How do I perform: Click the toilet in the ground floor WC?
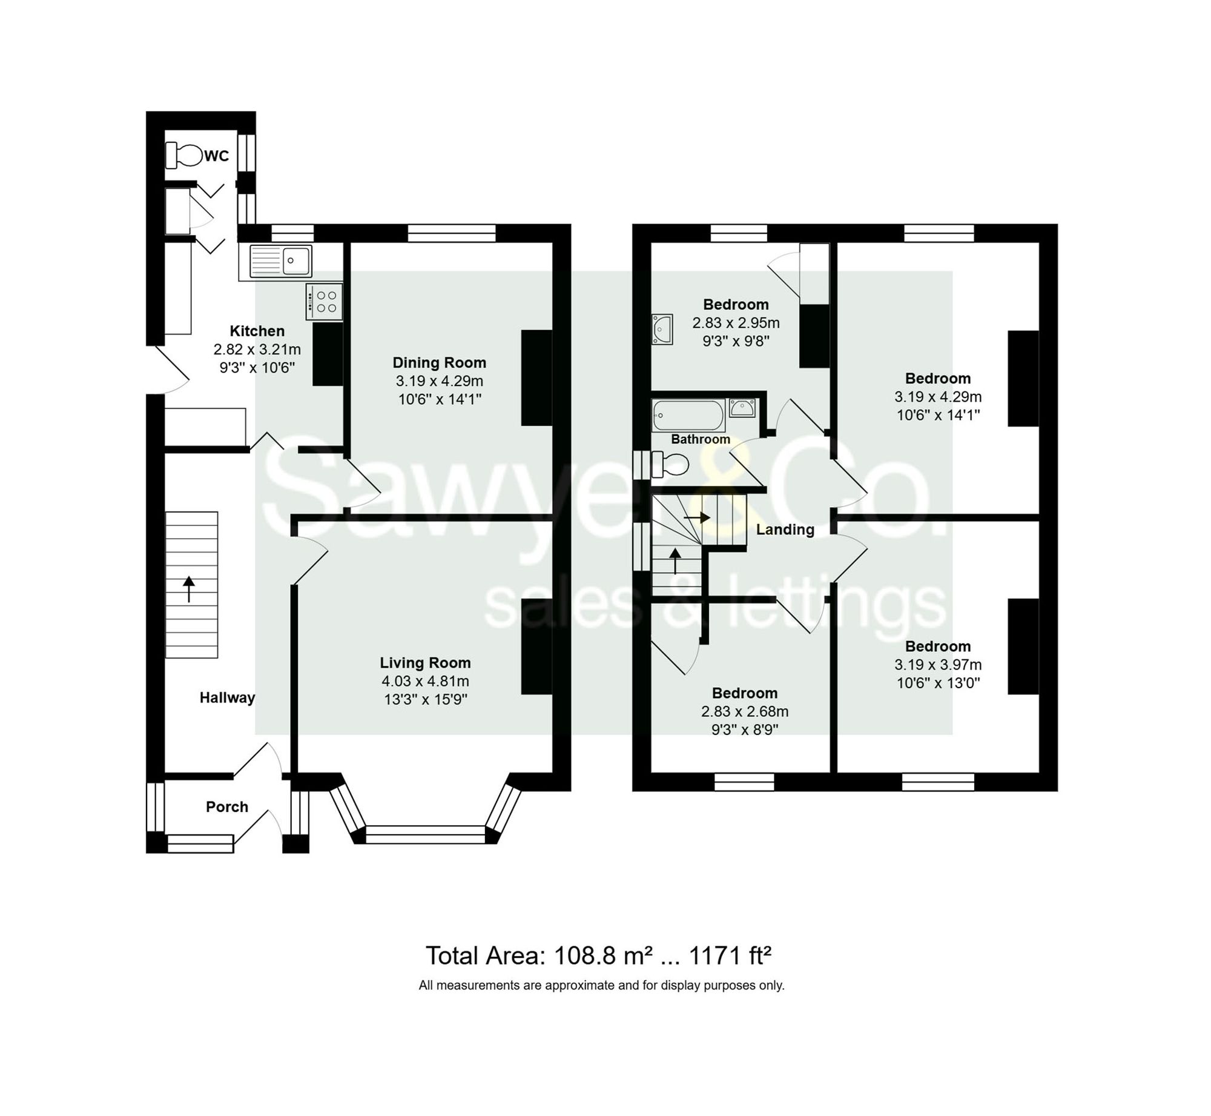[183, 155]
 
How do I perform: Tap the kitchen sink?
[280, 261]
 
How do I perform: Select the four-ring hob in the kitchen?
[325, 302]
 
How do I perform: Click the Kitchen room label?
[257, 331]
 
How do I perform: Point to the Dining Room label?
[439, 362]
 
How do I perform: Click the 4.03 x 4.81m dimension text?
[425, 681]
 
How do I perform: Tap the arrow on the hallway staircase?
[189, 589]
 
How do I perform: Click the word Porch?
[227, 806]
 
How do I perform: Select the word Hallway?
[227, 697]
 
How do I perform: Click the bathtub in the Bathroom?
[688, 415]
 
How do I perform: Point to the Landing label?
[785, 530]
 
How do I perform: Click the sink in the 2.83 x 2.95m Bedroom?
[662, 329]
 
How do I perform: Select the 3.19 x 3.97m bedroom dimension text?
[937, 665]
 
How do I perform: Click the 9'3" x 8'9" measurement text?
[744, 729]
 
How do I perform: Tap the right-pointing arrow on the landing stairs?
[697, 517]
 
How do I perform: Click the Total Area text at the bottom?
[598, 955]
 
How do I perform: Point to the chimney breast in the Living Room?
[536, 646]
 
